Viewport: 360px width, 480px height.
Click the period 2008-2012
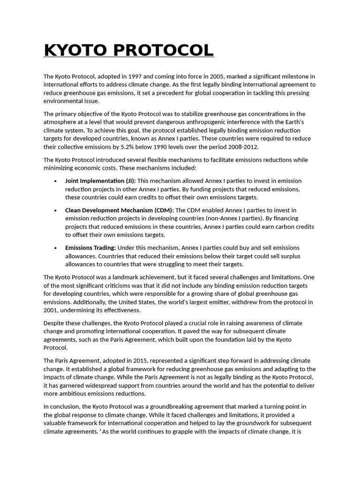(241, 147)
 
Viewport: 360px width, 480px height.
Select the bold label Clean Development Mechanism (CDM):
(120, 210)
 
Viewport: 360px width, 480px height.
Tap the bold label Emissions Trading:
(90, 247)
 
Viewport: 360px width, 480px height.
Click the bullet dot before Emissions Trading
(56, 248)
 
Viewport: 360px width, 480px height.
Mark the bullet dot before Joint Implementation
(56, 181)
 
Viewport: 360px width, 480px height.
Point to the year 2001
(52, 310)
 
